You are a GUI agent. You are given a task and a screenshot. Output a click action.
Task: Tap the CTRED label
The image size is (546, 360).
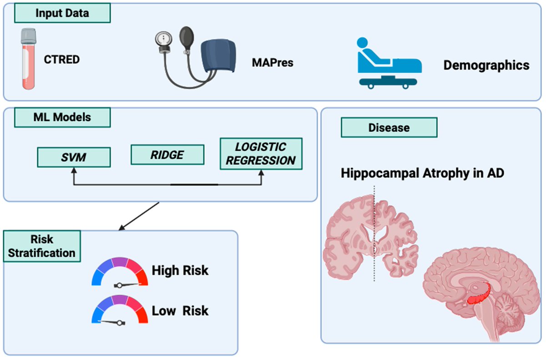point(62,59)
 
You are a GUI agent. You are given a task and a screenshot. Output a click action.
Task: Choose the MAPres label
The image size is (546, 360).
point(273,62)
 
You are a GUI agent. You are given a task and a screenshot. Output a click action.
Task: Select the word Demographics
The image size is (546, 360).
point(486,65)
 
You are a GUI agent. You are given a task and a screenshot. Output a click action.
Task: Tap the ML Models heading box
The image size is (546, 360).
point(62,117)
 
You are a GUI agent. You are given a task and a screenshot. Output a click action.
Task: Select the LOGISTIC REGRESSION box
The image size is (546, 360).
point(261,153)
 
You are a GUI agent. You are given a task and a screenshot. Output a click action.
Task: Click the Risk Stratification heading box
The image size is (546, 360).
point(42,246)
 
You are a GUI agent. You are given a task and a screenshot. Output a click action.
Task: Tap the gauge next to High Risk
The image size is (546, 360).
point(120,272)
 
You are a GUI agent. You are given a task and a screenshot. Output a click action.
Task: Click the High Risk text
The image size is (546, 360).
point(180,270)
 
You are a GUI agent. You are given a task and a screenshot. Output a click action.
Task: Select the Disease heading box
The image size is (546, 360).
point(389,127)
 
